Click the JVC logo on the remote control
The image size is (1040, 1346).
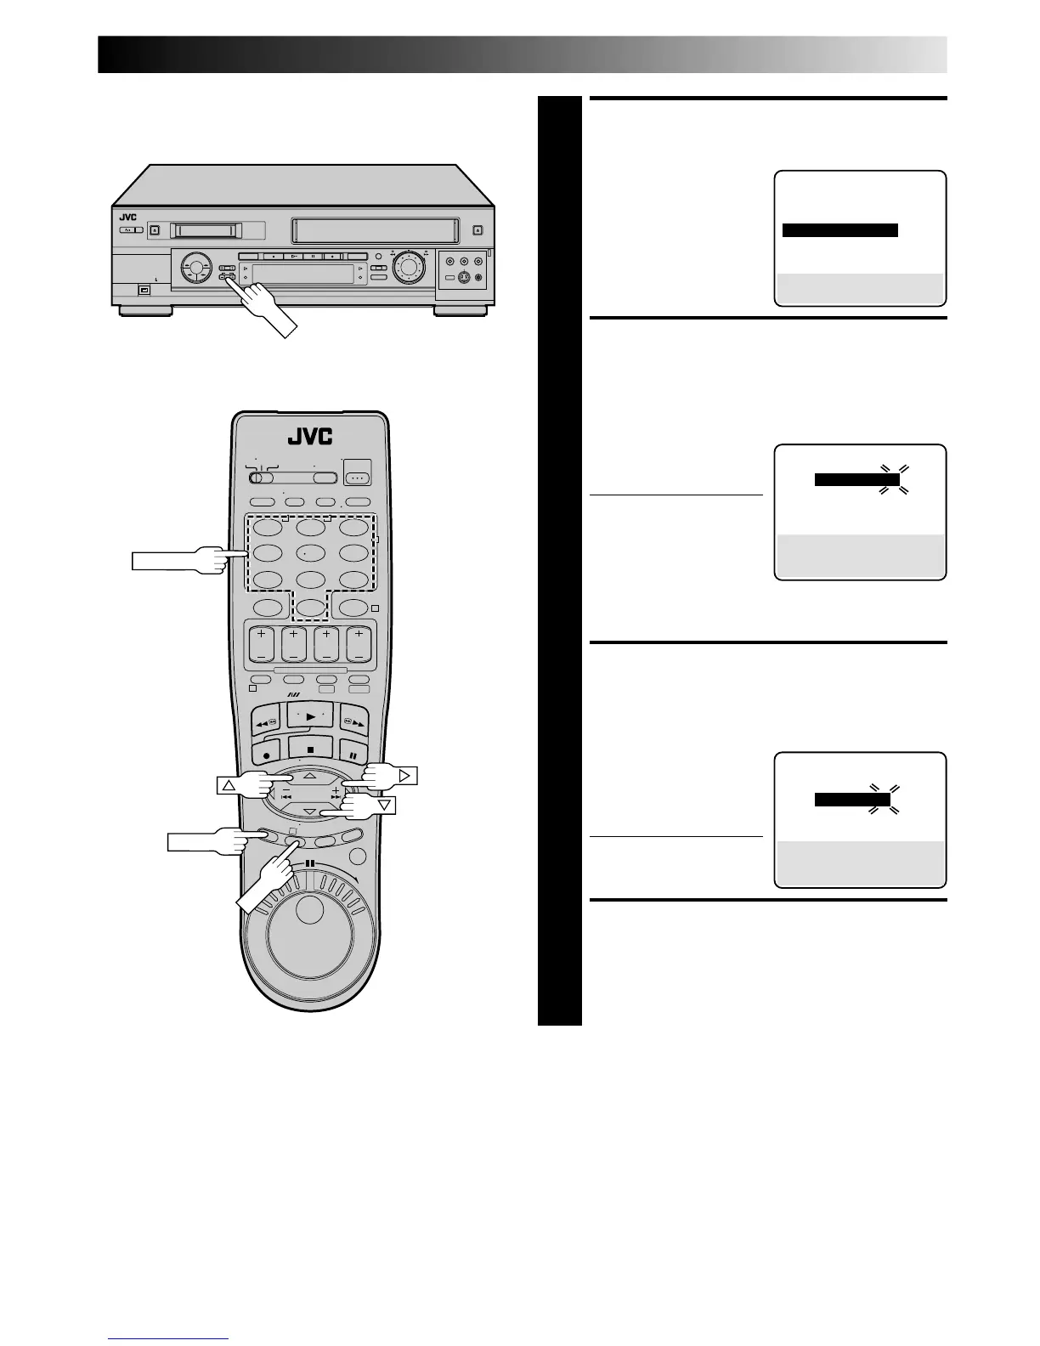tap(309, 437)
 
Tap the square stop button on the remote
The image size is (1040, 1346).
tap(310, 749)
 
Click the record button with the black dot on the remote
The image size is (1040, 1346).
tap(267, 754)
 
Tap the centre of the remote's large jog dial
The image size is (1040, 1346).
tap(310, 933)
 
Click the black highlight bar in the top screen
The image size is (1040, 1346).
tap(839, 230)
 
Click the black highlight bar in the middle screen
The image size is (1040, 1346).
tap(856, 480)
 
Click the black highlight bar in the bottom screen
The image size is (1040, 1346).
tap(851, 800)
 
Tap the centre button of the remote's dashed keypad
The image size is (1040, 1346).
tap(310, 553)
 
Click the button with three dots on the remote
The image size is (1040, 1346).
tap(358, 478)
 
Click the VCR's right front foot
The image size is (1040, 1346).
tap(460, 311)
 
